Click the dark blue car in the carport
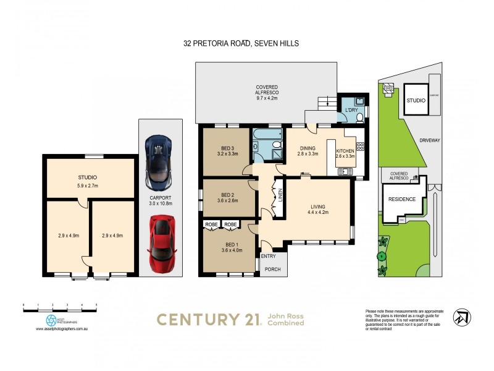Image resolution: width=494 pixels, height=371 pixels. click(x=159, y=163)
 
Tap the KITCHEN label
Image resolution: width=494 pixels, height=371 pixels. click(x=345, y=153)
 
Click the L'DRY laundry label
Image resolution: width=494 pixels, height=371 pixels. click(x=351, y=110)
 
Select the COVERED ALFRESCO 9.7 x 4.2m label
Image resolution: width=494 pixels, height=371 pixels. click(x=267, y=91)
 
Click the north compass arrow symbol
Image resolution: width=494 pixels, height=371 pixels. click(x=462, y=316)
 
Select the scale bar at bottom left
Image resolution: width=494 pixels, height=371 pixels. click(x=60, y=305)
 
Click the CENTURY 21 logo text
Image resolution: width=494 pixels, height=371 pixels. click(x=207, y=319)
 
